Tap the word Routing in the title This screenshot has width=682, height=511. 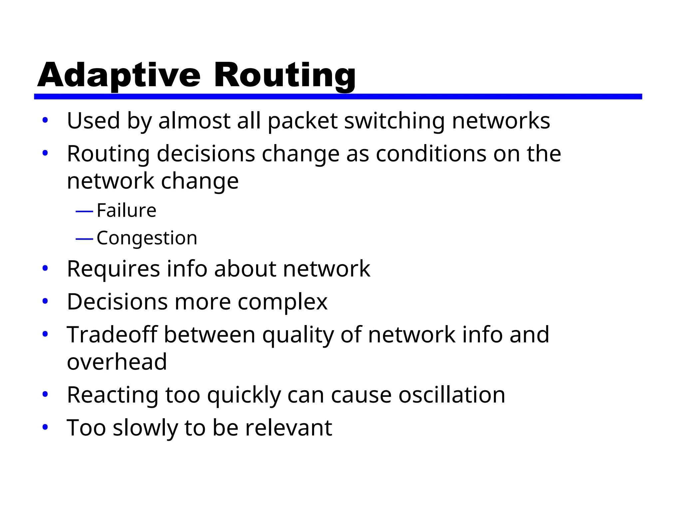pos(285,76)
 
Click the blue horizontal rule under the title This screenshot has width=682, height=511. pos(338,96)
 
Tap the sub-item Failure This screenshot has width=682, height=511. pos(126,210)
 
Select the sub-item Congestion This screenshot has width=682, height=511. pos(147,238)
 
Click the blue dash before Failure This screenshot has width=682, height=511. pos(84,211)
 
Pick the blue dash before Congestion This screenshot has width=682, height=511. pos(84,239)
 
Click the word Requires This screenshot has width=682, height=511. pos(113,269)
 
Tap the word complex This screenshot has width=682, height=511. pos(282,302)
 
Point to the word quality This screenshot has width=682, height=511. pos(298,335)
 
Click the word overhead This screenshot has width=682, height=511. pos(117,362)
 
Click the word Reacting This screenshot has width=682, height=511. pos(113,396)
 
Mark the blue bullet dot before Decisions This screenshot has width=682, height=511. pos(45,301)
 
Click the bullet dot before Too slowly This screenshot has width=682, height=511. pos(45,427)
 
